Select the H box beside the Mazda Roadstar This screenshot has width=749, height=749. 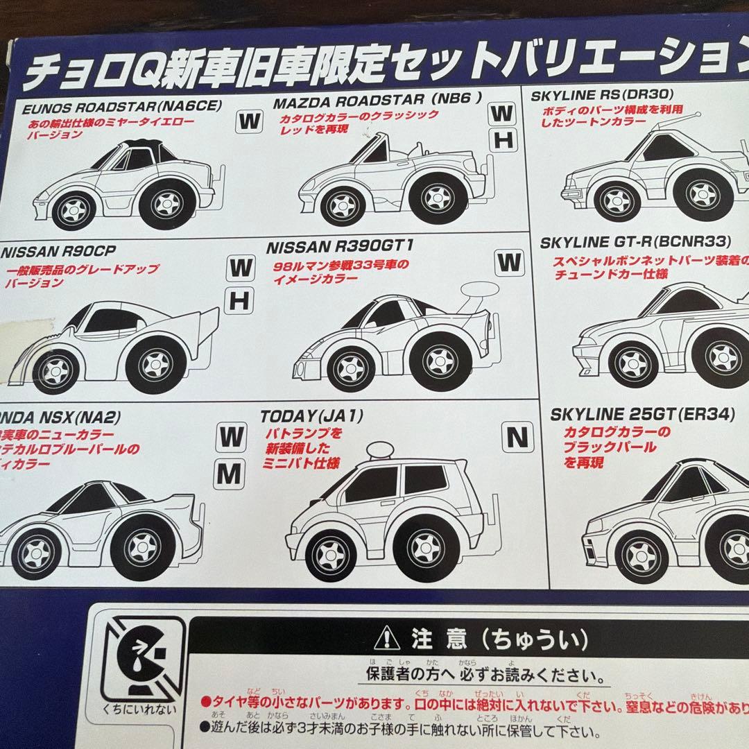tap(505, 141)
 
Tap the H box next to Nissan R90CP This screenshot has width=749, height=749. tap(239, 301)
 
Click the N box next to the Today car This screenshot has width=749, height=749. tap(517, 437)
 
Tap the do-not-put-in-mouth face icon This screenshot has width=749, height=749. tap(142, 655)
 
